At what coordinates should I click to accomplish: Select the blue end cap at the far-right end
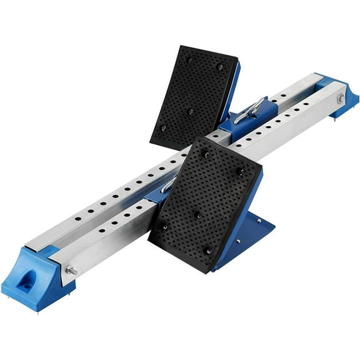pos(342,94)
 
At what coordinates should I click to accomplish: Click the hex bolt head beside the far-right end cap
pos(341,98)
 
